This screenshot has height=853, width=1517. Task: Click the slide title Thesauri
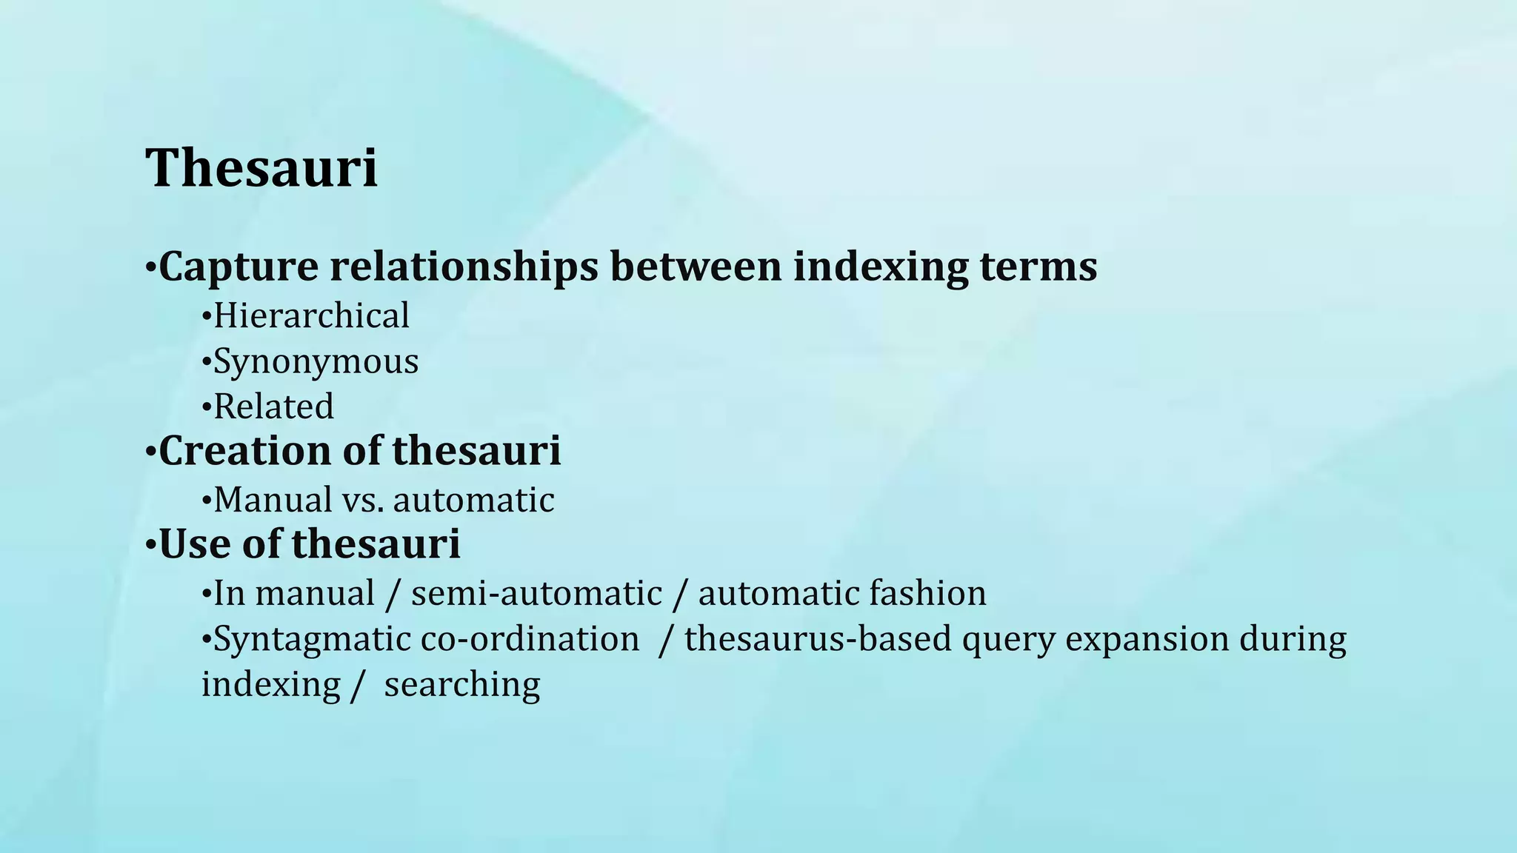coord(261,168)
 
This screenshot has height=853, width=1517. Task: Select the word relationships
coord(464,267)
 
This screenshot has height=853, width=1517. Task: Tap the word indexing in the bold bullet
coord(880,267)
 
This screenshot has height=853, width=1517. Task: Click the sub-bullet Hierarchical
coord(311,316)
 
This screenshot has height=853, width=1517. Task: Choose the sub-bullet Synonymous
coord(316,362)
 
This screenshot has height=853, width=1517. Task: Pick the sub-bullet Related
coord(273,407)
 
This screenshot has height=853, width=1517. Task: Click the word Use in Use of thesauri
coord(190,544)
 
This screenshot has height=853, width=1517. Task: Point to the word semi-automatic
coord(536,594)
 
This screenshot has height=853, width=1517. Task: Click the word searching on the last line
coord(462,685)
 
